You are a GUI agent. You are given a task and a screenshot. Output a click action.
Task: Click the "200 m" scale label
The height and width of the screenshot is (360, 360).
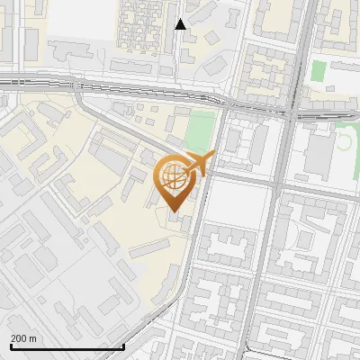23,338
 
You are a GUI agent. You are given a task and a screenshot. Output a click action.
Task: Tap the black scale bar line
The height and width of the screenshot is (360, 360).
67,346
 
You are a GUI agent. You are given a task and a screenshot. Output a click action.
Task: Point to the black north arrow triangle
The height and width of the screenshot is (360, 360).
181,24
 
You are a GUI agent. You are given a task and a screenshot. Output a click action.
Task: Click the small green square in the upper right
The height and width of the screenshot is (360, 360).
318,71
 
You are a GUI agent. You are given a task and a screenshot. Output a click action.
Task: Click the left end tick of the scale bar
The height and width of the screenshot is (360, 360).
10,346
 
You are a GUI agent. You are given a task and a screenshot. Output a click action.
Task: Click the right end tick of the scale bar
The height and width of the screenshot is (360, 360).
123,346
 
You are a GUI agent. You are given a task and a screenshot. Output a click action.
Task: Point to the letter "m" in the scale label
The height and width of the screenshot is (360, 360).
33,338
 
